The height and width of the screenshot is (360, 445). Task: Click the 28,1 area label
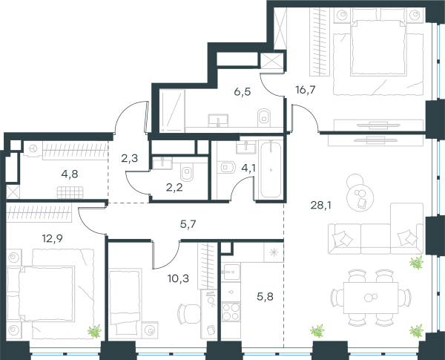click(x=320, y=205)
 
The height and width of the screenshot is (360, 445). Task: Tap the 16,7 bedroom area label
click(x=306, y=90)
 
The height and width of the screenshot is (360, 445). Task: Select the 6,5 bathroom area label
click(x=243, y=92)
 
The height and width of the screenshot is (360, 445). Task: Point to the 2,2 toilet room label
click(x=174, y=188)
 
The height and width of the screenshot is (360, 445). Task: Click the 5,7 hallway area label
click(x=188, y=224)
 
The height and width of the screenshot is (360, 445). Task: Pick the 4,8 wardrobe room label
click(x=70, y=174)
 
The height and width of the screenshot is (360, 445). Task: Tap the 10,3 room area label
click(x=178, y=279)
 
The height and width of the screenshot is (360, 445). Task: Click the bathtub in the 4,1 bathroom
click(x=271, y=170)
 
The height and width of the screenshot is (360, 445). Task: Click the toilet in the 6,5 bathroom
click(x=264, y=117)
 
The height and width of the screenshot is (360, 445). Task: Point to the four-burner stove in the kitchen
click(x=231, y=312)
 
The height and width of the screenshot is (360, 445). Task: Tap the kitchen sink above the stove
click(x=231, y=272)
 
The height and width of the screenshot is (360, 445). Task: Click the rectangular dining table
click(x=371, y=298)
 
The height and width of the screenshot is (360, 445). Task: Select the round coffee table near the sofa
click(x=360, y=197)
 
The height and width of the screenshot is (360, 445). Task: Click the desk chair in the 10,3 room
click(x=188, y=314)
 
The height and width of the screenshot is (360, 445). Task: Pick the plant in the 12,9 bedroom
click(x=94, y=331)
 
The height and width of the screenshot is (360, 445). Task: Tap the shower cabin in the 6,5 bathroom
click(x=172, y=111)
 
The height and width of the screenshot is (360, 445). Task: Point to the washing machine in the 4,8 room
click(x=33, y=148)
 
